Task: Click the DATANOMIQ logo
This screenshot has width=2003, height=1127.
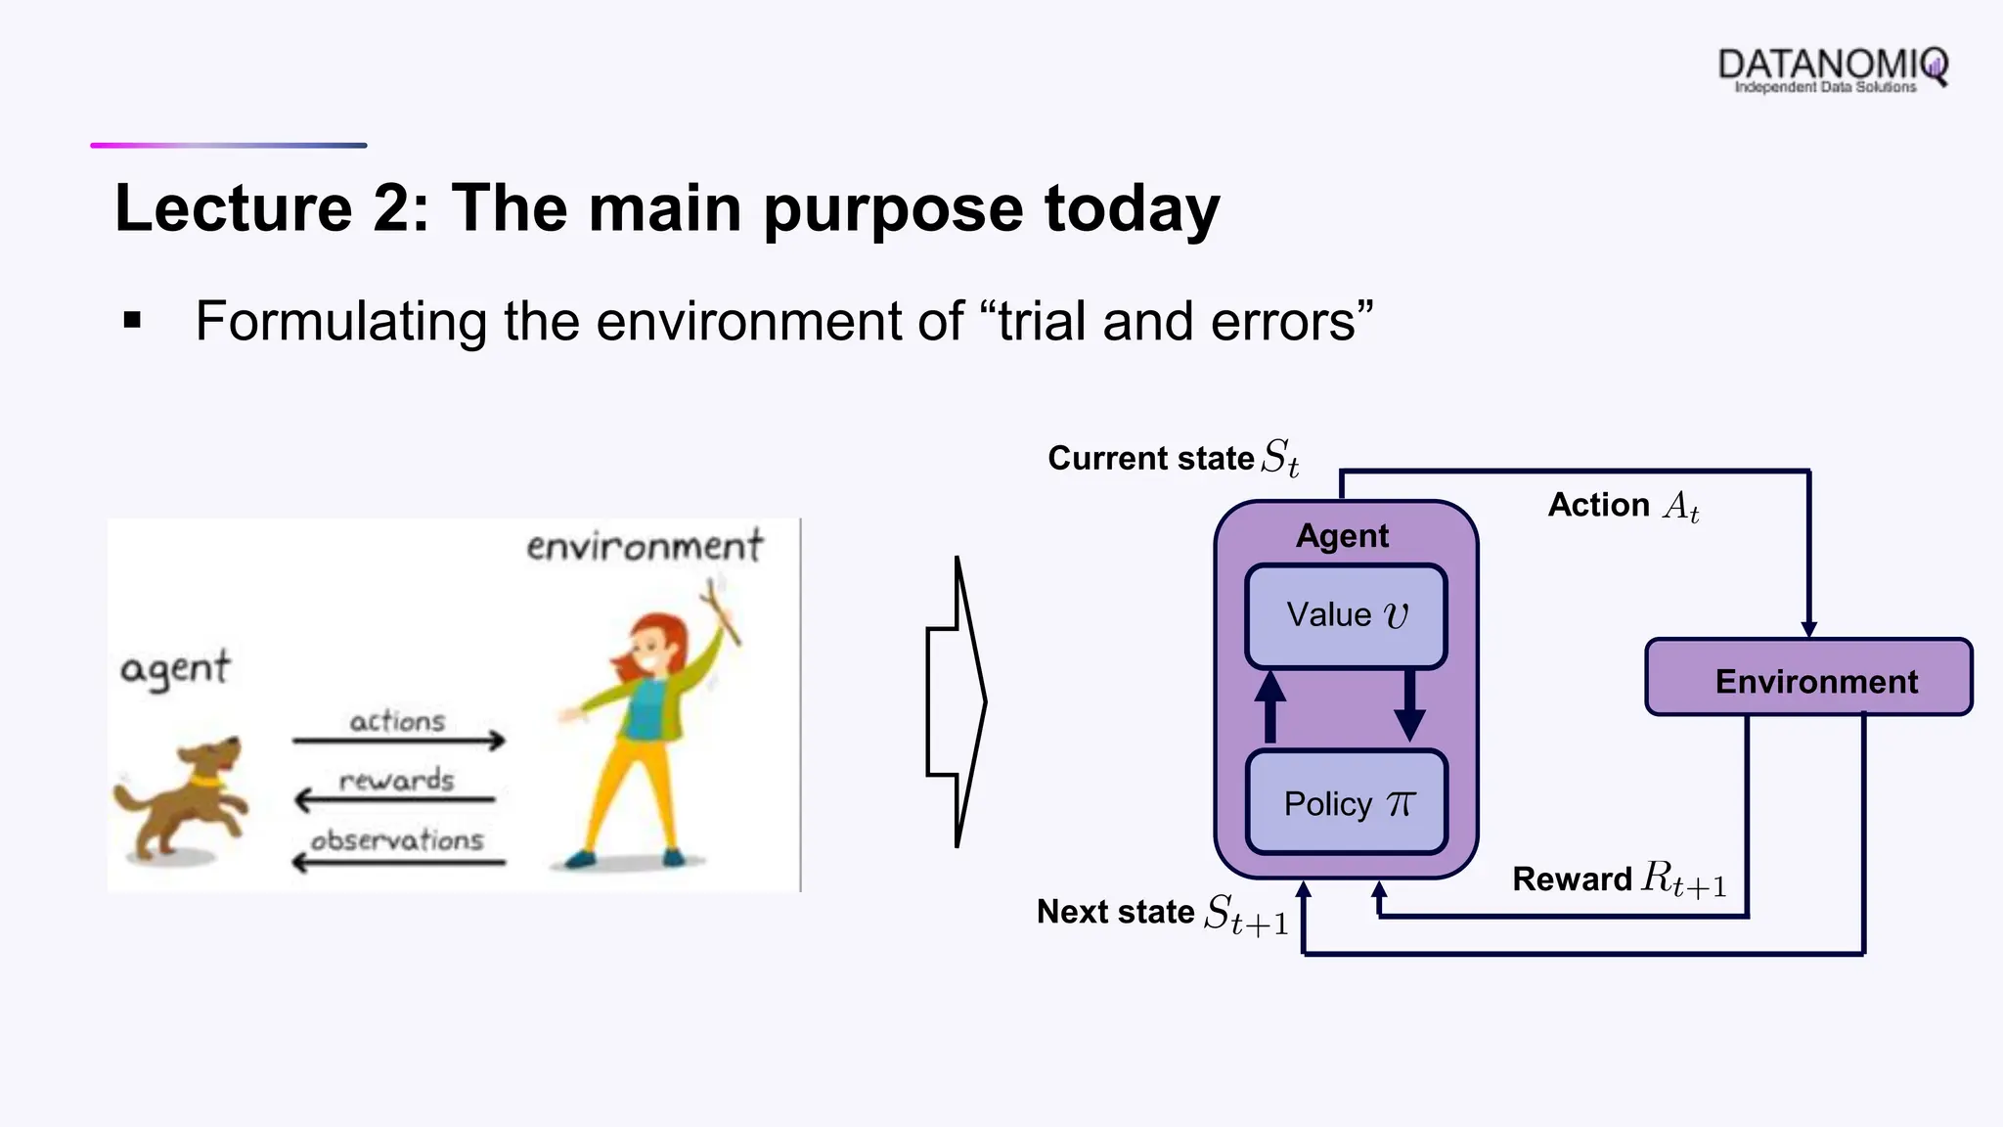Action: pos(1832,68)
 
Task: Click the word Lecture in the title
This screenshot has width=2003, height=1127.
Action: pos(233,208)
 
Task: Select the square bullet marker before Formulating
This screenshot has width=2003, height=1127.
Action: pos(133,320)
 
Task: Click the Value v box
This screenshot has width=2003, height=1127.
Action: pos(1346,616)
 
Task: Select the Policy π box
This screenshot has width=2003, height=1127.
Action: pos(1346,803)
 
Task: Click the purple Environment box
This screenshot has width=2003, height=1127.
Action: pos(1808,678)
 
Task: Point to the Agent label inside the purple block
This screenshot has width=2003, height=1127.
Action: pos(1342,536)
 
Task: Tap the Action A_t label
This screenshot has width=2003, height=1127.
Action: pos(1623,505)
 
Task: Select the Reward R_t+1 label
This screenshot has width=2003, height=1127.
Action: pos(1619,879)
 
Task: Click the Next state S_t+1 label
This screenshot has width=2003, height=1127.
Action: pos(1162,913)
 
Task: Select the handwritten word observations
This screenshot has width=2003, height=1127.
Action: pos(397,840)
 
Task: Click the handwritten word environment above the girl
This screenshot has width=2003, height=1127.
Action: pos(644,546)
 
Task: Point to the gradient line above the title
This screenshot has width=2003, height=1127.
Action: pos(228,146)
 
